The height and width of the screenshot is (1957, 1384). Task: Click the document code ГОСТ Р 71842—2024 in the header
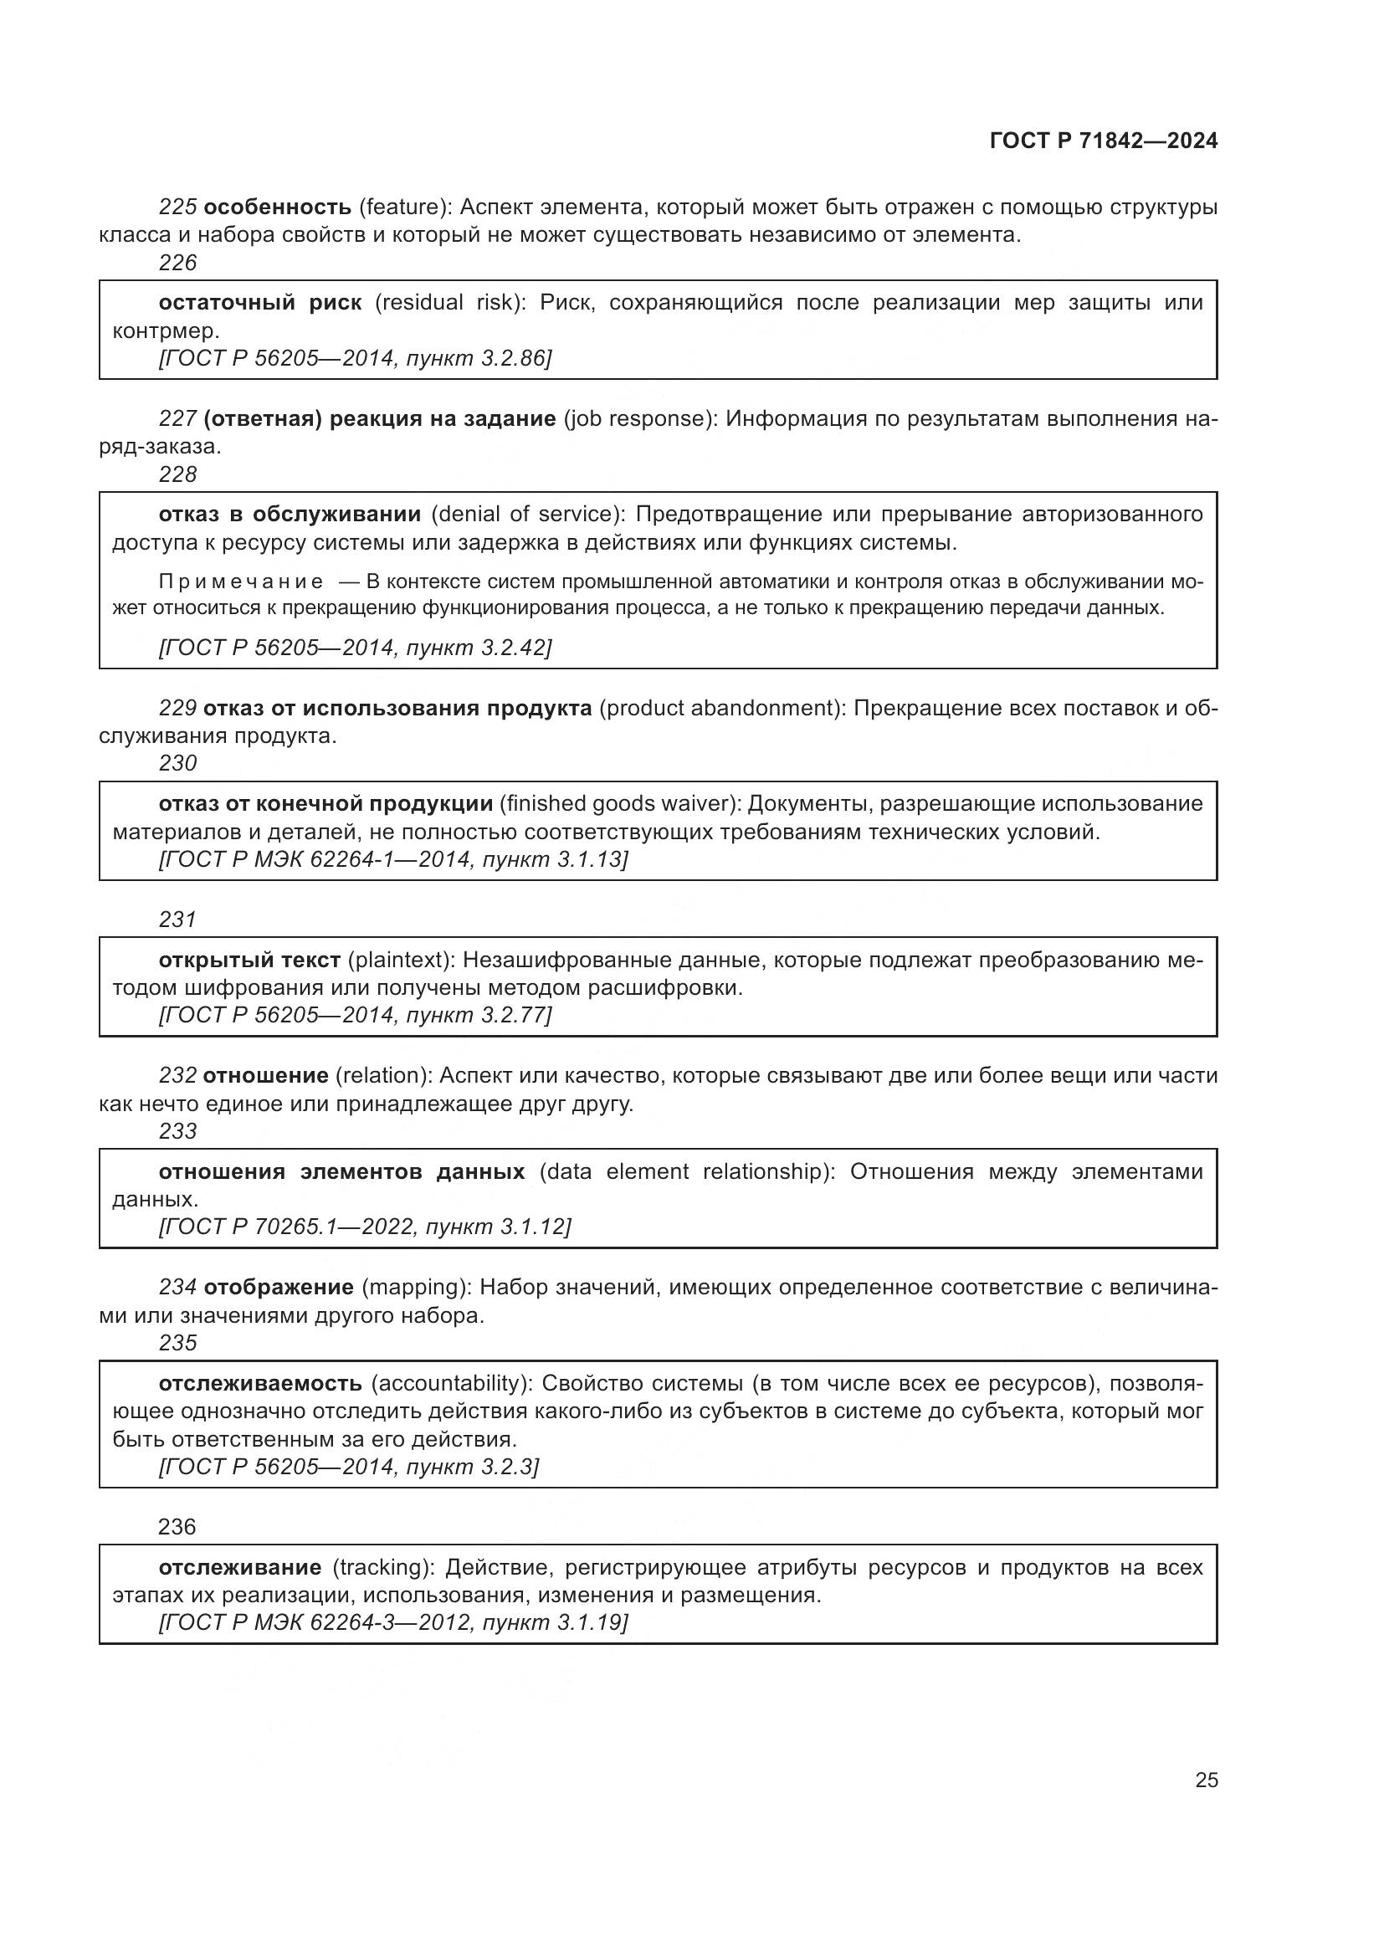coord(1104,141)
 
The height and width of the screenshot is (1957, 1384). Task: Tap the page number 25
coord(1206,1780)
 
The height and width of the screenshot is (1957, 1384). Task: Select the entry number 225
coord(177,207)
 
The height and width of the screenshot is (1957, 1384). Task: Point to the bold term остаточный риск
coord(260,303)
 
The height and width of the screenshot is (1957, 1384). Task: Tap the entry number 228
coord(177,474)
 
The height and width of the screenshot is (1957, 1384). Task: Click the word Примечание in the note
coord(241,582)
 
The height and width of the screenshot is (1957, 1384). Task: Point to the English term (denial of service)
coord(528,514)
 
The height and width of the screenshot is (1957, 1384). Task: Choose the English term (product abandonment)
coord(722,709)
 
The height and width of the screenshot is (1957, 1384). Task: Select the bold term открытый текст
coord(249,960)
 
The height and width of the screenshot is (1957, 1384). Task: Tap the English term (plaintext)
coord(402,960)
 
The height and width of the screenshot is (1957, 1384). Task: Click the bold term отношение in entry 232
coord(266,1076)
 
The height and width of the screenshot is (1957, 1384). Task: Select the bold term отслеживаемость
coord(261,1382)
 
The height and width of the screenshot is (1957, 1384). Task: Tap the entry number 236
coord(177,1527)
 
